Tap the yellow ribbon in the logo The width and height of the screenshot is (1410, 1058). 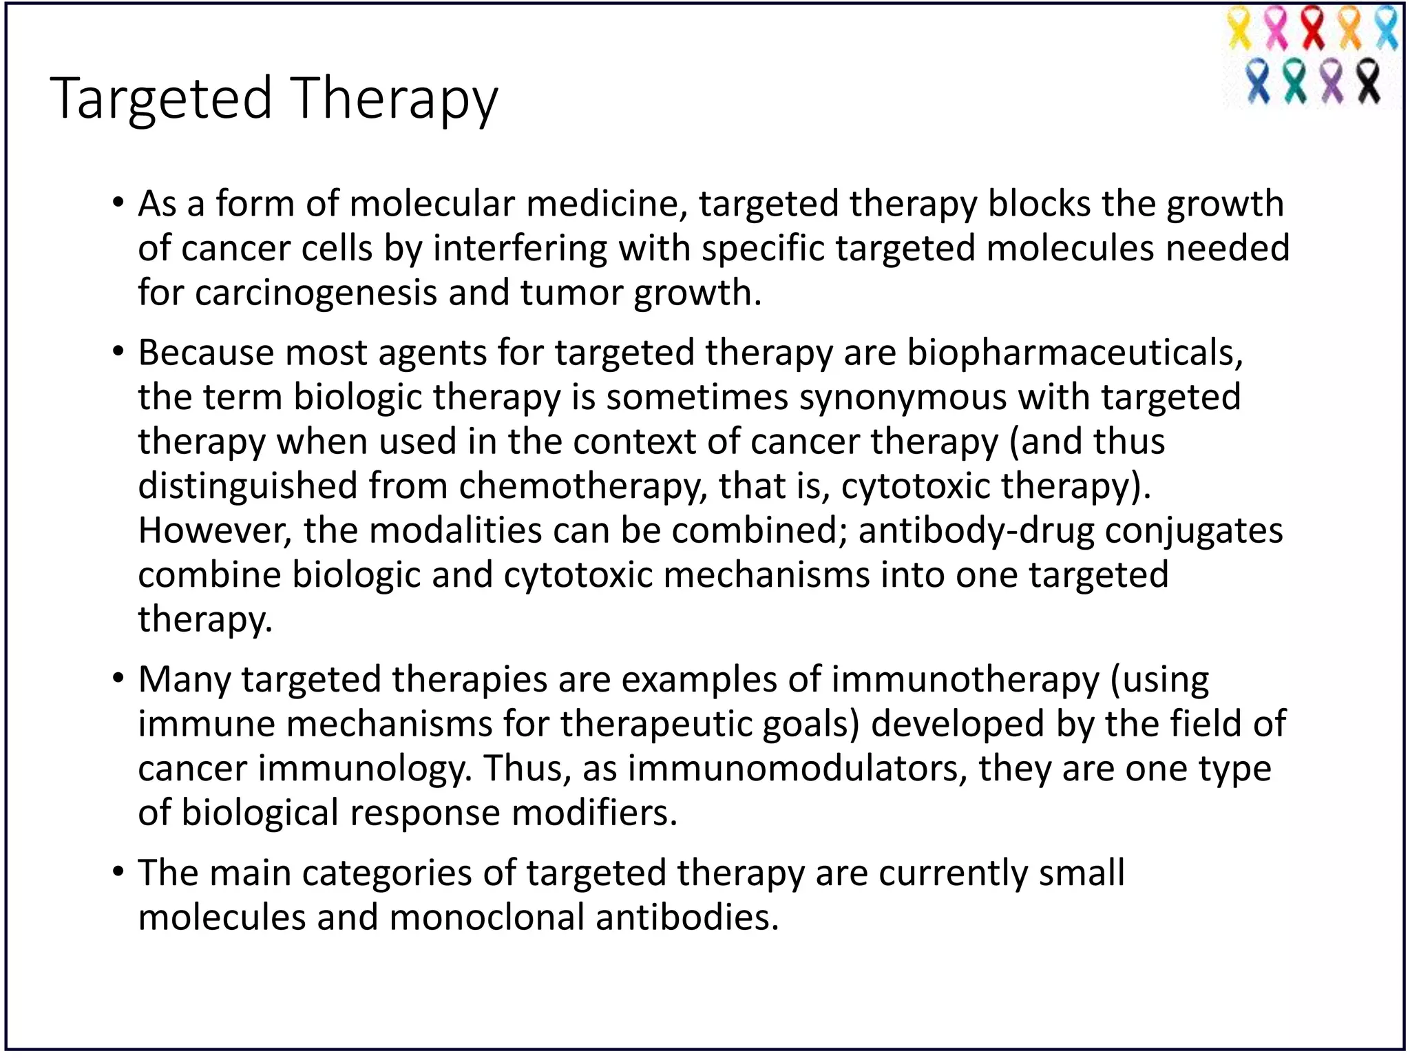tap(1239, 28)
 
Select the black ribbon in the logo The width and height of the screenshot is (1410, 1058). tap(1369, 81)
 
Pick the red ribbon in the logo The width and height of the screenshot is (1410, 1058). tap(1313, 28)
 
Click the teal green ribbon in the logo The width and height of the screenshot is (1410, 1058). tap(1295, 81)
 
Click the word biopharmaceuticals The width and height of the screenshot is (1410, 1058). tap(1075, 353)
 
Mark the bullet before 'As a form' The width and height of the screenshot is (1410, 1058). tap(118, 204)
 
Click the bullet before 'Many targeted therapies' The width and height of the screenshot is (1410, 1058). tap(118, 679)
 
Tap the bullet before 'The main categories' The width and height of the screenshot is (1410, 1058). tap(118, 873)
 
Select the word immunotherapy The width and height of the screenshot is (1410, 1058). tap(965, 681)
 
